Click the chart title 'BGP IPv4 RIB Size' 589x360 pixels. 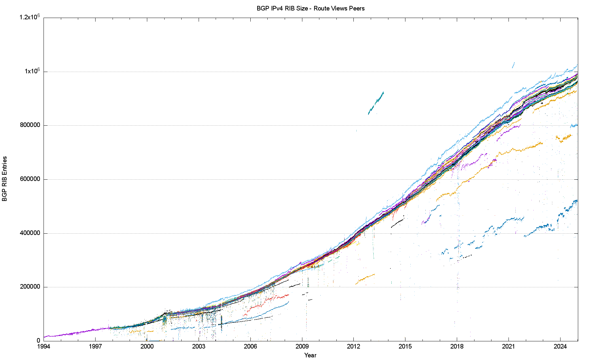click(x=282, y=9)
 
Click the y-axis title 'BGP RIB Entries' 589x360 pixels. click(x=5, y=179)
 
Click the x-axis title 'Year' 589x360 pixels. click(x=310, y=355)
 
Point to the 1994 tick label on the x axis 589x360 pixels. click(x=44, y=347)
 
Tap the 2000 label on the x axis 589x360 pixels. click(x=147, y=347)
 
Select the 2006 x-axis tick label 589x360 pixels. click(x=250, y=347)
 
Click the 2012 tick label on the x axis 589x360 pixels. click(x=353, y=347)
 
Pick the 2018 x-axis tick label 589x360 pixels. click(x=457, y=347)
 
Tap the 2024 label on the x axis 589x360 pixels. click(x=560, y=347)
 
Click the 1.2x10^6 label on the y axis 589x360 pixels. click(x=30, y=17)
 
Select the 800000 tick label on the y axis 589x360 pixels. click(x=30, y=125)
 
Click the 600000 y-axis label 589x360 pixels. click(x=30, y=179)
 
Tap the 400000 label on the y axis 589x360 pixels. click(x=30, y=233)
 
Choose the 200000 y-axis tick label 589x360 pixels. click(x=30, y=287)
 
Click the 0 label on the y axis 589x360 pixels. click(x=38, y=341)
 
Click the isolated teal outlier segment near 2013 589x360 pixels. click(x=376, y=103)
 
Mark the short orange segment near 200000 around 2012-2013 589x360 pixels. click(x=365, y=279)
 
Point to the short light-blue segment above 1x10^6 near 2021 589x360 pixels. click(x=513, y=65)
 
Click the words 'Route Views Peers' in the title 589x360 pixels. click(x=339, y=9)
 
